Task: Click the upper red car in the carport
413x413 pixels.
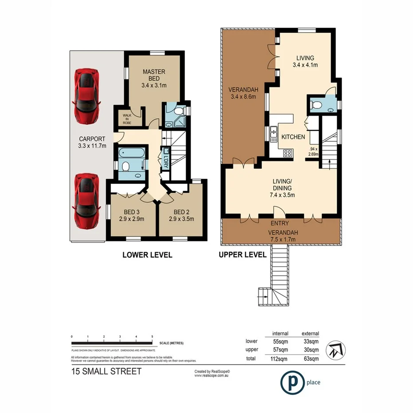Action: tap(87, 96)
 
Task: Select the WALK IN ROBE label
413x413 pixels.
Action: tap(127, 119)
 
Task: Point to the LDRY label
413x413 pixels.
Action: tap(165, 156)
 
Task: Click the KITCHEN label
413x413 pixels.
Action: tap(293, 137)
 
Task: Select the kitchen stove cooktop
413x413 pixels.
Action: tap(287, 154)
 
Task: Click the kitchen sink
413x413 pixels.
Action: tap(273, 133)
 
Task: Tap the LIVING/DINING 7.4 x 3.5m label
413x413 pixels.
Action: tap(282, 188)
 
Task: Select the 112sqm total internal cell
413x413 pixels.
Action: tap(280, 358)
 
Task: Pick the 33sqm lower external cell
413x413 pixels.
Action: tap(310, 341)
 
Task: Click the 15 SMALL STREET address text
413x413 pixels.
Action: tap(106, 371)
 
